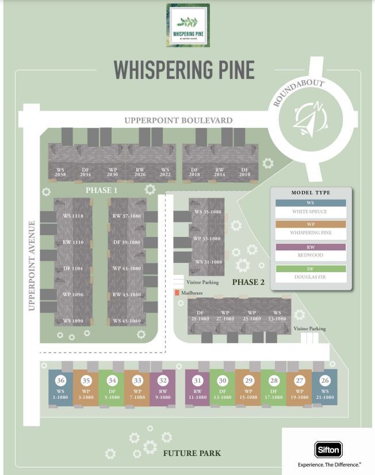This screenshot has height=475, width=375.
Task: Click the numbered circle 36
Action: click(x=60, y=380)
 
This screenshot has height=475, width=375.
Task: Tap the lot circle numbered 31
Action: click(x=197, y=380)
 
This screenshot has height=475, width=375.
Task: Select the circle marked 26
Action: click(x=325, y=380)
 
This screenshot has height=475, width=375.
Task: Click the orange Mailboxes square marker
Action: click(x=177, y=293)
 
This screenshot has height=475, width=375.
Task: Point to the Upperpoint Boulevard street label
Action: click(x=178, y=120)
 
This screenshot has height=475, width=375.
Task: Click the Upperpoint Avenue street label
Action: click(x=32, y=265)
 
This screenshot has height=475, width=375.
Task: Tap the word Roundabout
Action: click(x=299, y=93)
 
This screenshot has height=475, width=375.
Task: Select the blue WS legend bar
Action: click(x=311, y=203)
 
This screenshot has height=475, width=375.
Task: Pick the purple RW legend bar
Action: click(x=311, y=247)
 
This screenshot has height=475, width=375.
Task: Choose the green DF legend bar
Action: click(x=311, y=269)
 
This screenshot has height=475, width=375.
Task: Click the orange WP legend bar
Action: click(x=311, y=225)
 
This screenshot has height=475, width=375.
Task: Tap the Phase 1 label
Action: click(x=102, y=190)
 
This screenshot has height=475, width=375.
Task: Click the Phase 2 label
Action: click(x=248, y=282)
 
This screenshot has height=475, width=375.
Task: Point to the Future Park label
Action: click(x=192, y=453)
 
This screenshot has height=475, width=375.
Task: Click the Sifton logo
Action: click(x=328, y=449)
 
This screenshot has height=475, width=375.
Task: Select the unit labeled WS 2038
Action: click(x=60, y=172)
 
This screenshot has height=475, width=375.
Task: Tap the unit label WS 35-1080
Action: click(x=208, y=212)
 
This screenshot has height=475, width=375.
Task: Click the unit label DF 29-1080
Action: click(x=200, y=316)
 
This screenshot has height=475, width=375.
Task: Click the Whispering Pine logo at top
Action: click(x=187, y=25)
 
